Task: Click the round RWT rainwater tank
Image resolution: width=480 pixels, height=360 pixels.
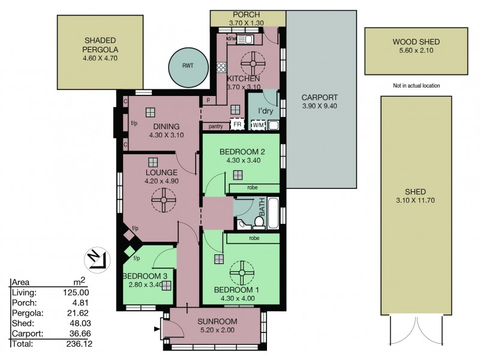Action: pos(188,67)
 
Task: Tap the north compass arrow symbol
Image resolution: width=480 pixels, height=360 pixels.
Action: pos(97,260)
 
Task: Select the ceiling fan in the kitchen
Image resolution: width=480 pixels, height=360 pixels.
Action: pos(253,64)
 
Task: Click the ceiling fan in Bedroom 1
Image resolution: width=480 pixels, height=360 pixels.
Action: pos(242,273)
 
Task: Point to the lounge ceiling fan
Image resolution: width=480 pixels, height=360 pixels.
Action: pos(164,200)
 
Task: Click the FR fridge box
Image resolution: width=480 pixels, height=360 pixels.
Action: pos(237,124)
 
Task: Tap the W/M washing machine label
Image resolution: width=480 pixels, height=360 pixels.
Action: pos(258,125)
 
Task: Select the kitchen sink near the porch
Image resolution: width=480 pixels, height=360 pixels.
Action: pos(245,39)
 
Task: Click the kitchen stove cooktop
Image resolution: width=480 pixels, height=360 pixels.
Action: pos(221,68)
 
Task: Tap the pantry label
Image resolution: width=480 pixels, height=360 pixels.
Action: pos(215,126)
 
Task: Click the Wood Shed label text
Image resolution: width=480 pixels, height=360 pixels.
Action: pos(416,41)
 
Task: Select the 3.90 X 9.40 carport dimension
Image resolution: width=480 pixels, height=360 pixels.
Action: pos(320,106)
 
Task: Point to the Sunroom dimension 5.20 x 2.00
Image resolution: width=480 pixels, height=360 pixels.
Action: pos(217,330)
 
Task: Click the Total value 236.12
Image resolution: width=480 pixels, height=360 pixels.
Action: pos(79,344)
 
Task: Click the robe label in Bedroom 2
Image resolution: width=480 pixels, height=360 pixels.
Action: pos(253,187)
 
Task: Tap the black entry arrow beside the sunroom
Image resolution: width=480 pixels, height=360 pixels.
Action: pos(157,329)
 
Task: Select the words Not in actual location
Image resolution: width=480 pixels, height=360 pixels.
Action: pos(416,86)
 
